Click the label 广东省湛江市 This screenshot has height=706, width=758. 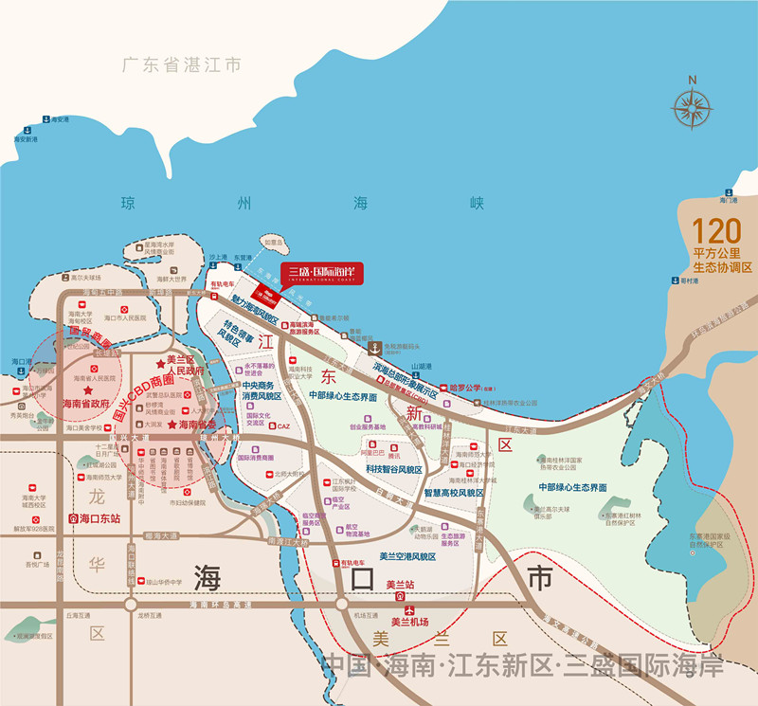coord(182,64)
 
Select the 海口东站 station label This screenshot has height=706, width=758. coord(101,519)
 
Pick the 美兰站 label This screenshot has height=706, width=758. coord(402,585)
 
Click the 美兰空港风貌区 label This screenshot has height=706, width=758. coord(406,556)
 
